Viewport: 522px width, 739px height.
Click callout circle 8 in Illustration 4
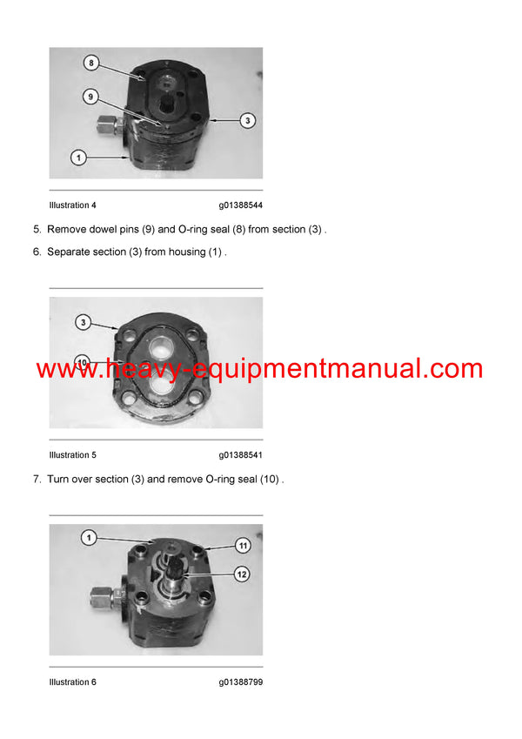(91, 64)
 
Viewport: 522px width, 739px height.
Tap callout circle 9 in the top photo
(91, 96)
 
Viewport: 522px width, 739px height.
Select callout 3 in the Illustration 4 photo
(248, 121)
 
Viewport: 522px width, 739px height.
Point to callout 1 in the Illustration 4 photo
(79, 158)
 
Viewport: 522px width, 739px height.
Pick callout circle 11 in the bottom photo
(244, 546)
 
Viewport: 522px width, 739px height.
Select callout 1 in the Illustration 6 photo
(88, 538)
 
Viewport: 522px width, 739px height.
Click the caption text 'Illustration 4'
(73, 205)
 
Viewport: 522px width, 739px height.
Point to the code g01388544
(241, 205)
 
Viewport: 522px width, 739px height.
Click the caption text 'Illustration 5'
(73, 455)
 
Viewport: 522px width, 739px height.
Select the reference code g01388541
(241, 455)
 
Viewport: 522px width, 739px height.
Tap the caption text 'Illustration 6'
(73, 682)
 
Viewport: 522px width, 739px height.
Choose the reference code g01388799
(241, 682)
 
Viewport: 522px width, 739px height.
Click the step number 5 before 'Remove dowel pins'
(37, 230)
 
